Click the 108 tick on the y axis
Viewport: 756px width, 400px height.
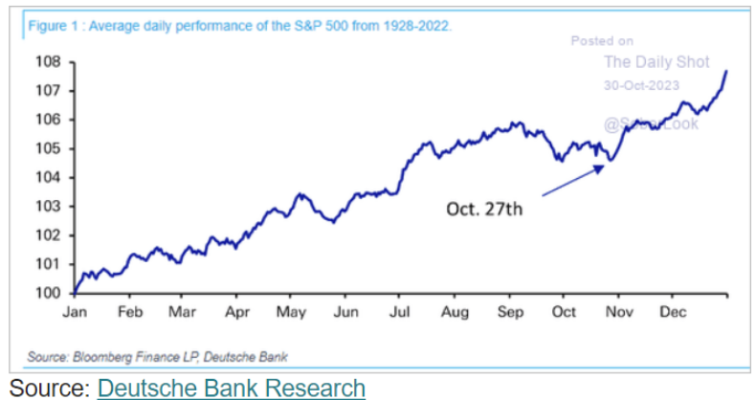coord(48,62)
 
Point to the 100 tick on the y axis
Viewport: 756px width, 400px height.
coord(48,293)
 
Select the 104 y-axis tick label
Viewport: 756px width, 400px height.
coord(48,177)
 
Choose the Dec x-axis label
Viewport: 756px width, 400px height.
coord(673,311)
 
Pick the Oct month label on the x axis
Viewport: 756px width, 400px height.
coord(565,311)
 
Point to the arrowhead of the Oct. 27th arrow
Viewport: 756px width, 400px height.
coord(604,167)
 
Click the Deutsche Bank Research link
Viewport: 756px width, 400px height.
coord(232,388)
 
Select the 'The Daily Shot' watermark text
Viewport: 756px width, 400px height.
coord(656,62)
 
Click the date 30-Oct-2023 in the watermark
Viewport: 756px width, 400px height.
coord(641,85)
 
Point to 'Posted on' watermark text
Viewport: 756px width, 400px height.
coord(602,41)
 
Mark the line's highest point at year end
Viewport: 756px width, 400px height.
coord(726,71)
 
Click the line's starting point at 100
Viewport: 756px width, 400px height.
coord(74,292)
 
